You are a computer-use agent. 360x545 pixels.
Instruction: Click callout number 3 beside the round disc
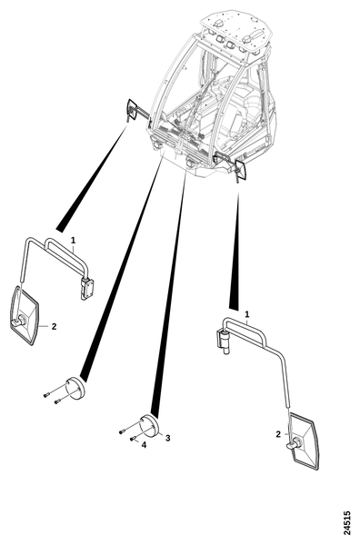(167, 438)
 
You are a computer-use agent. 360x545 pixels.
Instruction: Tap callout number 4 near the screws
(144, 444)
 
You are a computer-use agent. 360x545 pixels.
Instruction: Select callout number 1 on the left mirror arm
(73, 240)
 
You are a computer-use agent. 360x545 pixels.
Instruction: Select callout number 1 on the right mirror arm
(247, 314)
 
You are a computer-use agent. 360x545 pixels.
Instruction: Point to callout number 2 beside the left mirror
(54, 326)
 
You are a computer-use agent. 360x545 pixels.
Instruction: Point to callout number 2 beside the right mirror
(278, 434)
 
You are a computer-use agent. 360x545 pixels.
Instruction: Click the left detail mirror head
(24, 315)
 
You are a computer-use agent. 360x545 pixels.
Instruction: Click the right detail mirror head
(304, 441)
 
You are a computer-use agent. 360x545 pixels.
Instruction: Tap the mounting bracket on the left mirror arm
(86, 288)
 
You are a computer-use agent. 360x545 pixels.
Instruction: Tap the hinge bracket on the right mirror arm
(223, 342)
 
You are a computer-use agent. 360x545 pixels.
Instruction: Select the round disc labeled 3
(150, 426)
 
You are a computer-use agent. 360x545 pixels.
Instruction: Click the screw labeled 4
(133, 439)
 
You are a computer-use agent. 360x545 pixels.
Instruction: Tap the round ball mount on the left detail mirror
(21, 319)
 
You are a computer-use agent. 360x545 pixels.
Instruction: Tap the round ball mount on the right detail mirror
(295, 443)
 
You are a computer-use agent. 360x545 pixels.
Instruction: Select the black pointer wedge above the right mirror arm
(235, 252)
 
